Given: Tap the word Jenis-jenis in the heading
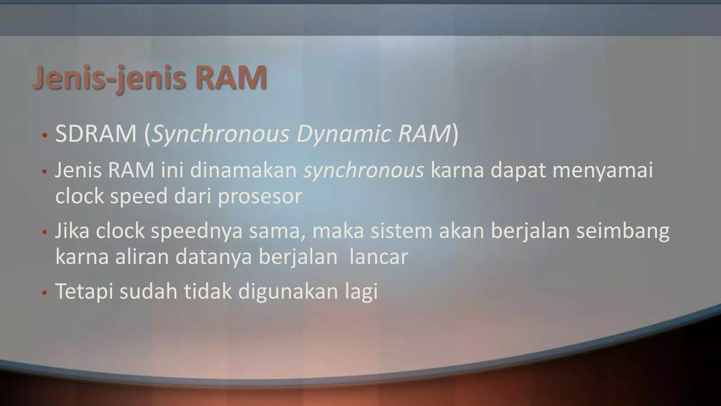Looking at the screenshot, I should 109,78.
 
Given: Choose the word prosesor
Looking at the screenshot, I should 260,196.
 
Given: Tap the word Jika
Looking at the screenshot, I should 72,231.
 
